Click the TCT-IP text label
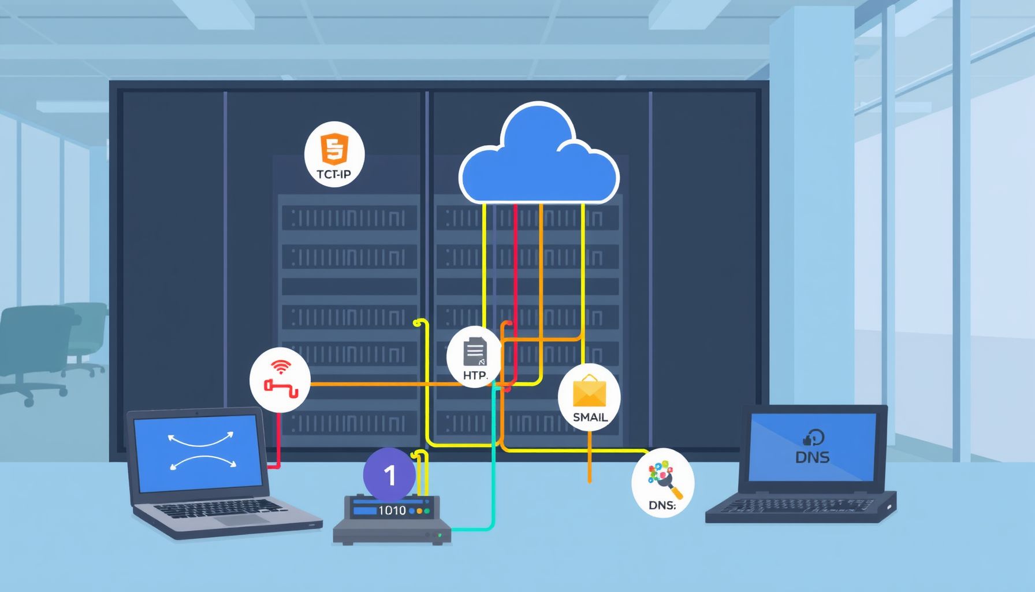click(334, 173)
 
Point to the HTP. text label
click(475, 375)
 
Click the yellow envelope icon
click(589, 391)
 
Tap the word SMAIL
click(590, 417)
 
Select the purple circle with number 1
click(389, 475)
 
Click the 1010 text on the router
click(392, 510)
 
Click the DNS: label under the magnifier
click(662, 505)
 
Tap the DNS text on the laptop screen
click(812, 457)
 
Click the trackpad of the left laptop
click(243, 519)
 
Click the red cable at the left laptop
click(277, 439)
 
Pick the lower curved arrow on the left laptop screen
click(202, 461)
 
